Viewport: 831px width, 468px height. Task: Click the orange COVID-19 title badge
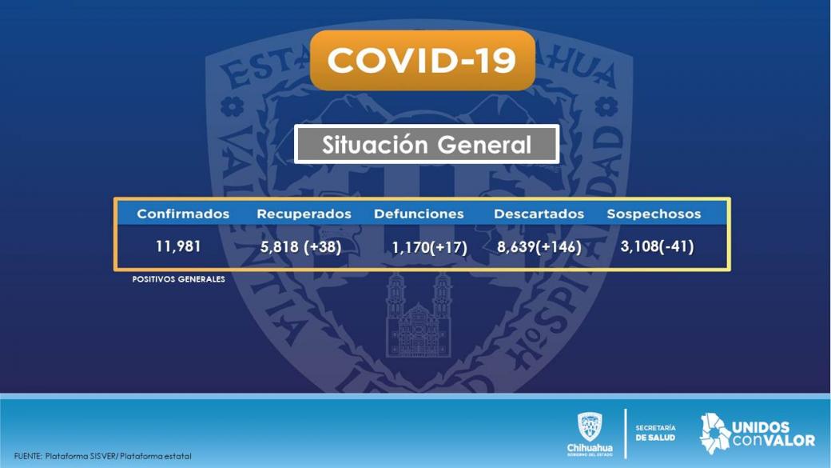[423, 60]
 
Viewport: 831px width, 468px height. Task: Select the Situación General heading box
[427, 144]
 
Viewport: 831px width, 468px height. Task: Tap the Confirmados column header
[183, 214]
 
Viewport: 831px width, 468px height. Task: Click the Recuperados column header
[304, 214]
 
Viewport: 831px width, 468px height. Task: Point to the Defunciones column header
[419, 214]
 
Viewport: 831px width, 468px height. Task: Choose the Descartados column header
[539, 214]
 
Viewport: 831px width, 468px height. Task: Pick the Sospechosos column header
[654, 214]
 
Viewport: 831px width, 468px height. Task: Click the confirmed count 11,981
[178, 246]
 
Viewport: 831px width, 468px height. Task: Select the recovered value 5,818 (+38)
[300, 246]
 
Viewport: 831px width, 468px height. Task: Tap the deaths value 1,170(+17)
[429, 247]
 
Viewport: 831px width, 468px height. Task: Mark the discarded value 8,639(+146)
[539, 246]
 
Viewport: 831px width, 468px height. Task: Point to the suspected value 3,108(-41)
[657, 246]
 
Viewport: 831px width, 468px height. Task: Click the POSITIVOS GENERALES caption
[179, 279]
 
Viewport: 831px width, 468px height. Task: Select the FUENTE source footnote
[103, 456]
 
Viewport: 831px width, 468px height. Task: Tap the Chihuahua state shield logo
[590, 427]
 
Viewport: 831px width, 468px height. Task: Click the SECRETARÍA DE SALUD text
[655, 433]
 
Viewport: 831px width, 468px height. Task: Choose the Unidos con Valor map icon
[715, 434]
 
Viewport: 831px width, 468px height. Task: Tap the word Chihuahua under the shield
[590, 448]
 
